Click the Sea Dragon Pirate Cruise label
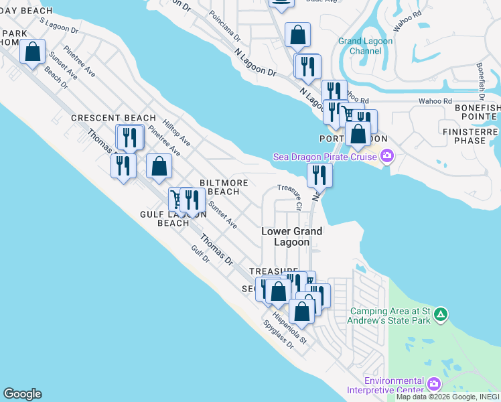click(325, 157)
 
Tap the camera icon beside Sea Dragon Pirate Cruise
click(386, 157)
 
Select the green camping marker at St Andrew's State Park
click(440, 314)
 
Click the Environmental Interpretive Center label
click(385, 385)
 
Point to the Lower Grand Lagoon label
click(291, 237)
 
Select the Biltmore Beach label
click(224, 187)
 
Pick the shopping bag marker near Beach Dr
click(31, 52)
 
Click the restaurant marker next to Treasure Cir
click(319, 176)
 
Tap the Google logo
click(22, 394)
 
